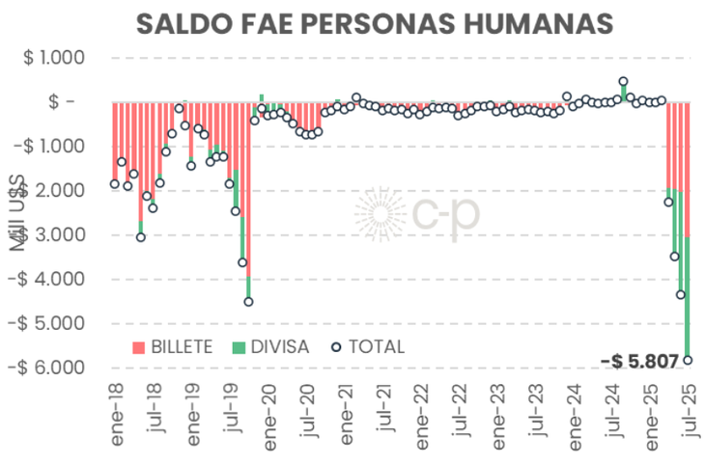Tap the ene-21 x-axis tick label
tap(346, 420)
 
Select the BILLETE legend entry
tap(173, 346)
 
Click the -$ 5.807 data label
tap(645, 361)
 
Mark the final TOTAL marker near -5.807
tap(687, 360)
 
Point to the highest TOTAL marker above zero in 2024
tap(623, 82)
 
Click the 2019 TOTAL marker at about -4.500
tap(248, 302)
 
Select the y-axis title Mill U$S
tap(19, 215)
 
